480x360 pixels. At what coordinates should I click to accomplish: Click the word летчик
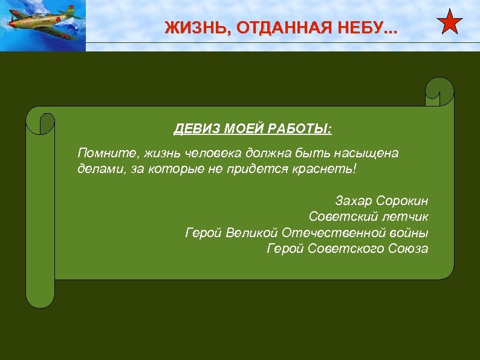tap(404, 216)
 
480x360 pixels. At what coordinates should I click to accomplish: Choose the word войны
tap(411, 232)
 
